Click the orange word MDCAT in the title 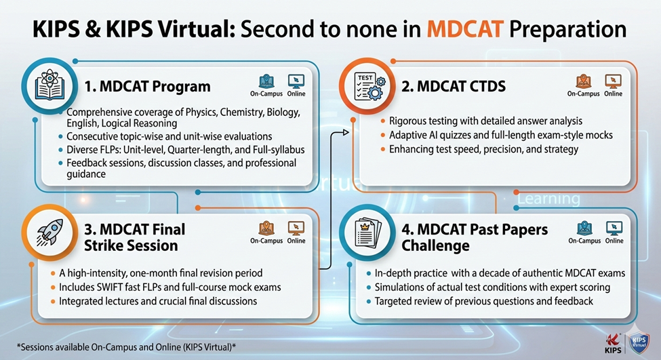pos(464,29)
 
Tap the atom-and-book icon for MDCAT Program pos(49,85)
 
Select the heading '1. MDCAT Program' pos(148,86)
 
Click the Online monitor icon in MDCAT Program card pos(296,81)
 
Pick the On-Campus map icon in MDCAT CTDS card pos(583,81)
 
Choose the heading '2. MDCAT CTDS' pos(454,86)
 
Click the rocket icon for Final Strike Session pos(49,233)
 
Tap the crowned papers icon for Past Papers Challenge pos(367,233)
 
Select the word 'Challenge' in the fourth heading pos(435,245)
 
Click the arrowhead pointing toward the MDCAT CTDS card pos(346,133)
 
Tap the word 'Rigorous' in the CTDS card pos(407,121)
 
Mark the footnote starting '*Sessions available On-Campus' pos(126,347)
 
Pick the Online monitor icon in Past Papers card pos(614,228)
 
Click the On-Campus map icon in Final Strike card pos(266,228)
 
